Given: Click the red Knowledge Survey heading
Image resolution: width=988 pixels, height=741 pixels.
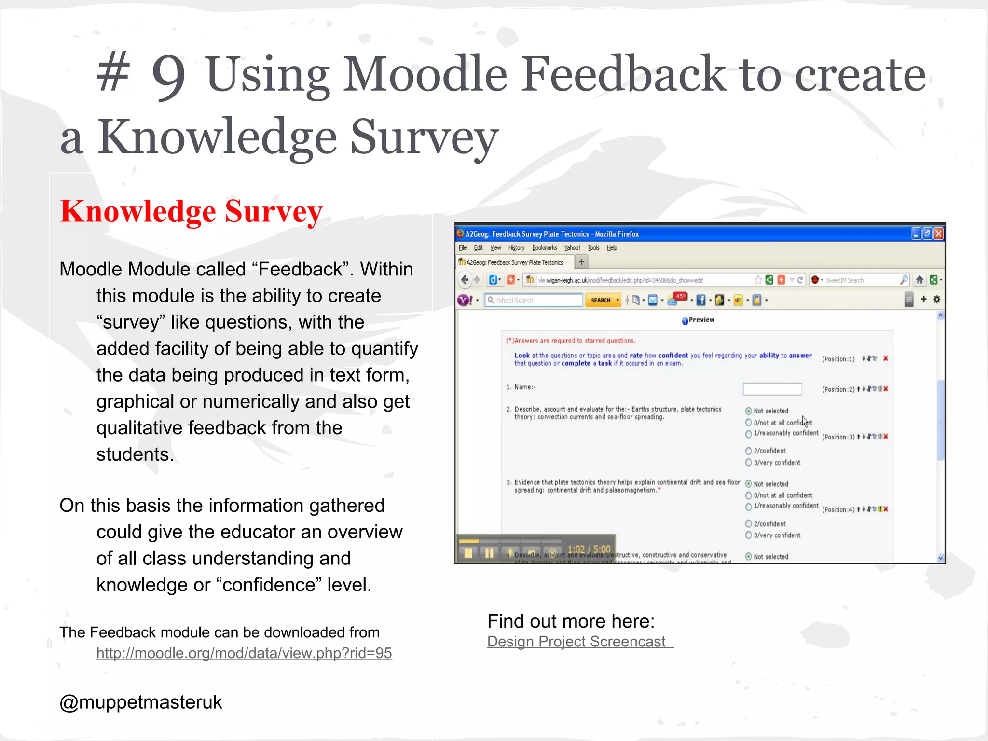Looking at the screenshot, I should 191,211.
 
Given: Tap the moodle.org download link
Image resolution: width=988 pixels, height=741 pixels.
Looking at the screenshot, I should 244,653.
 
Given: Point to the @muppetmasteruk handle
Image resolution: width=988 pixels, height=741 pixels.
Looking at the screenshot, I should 140,702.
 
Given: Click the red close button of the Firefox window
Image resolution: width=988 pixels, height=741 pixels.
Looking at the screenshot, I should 938,234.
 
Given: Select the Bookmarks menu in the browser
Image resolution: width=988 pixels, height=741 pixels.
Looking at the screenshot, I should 544,248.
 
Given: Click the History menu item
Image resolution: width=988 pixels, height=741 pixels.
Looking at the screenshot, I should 516,248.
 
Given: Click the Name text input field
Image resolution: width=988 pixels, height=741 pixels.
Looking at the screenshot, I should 772,389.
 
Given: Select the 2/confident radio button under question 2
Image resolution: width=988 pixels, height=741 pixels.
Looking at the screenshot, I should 748,451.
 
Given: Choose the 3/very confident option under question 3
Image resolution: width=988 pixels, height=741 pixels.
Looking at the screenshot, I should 748,535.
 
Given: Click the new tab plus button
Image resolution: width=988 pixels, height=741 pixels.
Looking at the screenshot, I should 581,262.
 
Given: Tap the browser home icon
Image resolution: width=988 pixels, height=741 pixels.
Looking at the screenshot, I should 919,280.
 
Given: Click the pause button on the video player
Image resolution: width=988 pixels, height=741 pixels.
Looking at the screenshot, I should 489,553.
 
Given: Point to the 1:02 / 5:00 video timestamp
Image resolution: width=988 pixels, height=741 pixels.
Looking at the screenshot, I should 589,549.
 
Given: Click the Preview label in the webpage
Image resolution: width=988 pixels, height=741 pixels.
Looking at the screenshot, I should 701,320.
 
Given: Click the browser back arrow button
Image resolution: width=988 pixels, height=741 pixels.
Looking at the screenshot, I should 465,280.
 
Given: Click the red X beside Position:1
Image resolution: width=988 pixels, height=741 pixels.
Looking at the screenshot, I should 886,358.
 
